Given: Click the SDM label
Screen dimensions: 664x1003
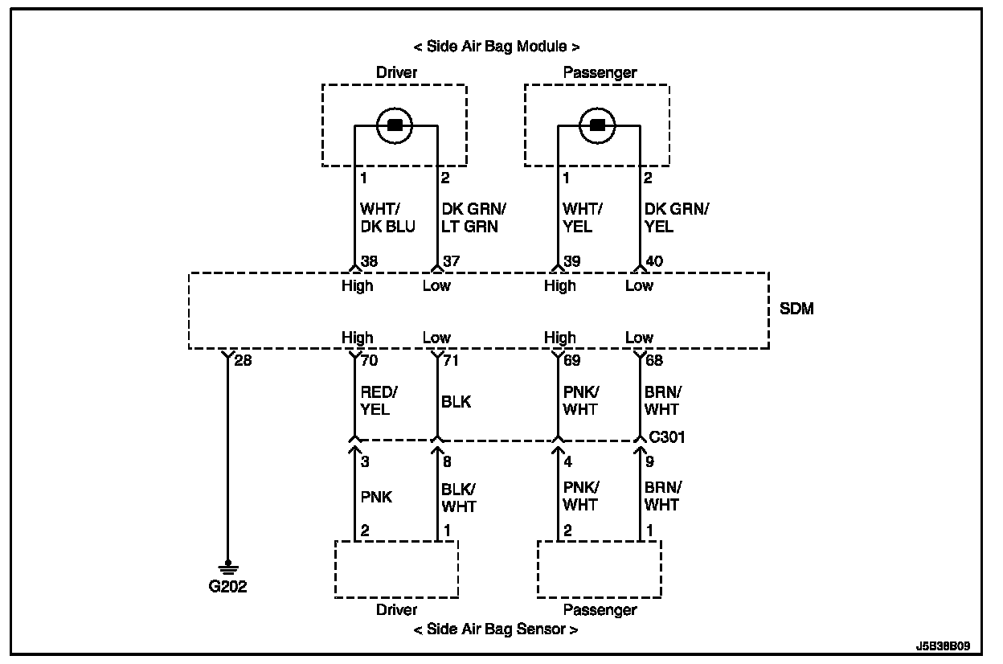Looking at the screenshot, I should (796, 309).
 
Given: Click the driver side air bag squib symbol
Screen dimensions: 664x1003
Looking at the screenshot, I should (395, 125).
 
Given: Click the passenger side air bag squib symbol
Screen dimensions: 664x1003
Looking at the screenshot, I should (597, 125).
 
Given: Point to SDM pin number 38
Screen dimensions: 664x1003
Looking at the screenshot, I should (370, 261).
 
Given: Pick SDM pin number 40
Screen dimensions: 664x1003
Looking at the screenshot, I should (655, 261).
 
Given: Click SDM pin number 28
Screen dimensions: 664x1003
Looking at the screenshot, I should (243, 360).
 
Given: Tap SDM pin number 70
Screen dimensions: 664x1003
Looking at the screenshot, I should (370, 360).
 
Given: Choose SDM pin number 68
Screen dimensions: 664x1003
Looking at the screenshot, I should (654, 360).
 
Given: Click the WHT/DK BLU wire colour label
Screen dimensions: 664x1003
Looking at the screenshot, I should (387, 218).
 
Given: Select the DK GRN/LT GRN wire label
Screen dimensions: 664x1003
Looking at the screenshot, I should (473, 218).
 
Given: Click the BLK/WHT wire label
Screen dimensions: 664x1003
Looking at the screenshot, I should (458, 498).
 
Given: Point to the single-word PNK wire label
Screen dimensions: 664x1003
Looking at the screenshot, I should (375, 497).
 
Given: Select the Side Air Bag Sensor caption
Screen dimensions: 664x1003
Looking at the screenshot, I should (496, 629).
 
